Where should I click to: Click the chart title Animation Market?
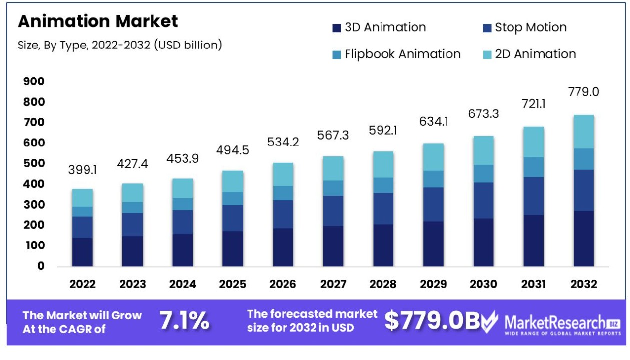coord(98,21)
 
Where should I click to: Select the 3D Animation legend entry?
coord(379,28)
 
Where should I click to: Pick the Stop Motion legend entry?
coord(525,28)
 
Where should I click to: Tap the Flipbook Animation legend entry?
coord(396,54)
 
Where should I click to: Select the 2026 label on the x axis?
coord(283,284)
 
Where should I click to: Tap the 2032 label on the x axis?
coord(584,284)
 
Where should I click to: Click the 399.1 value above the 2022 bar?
coord(82,170)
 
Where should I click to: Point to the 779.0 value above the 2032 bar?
coord(584,92)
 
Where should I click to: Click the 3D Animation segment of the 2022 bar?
coord(82,252)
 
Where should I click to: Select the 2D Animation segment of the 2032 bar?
coord(584,132)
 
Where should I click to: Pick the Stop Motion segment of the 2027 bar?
coord(333,211)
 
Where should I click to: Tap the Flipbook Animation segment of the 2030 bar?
coord(484,174)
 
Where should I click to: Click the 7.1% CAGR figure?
coord(184,321)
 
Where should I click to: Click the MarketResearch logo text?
coord(555,321)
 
